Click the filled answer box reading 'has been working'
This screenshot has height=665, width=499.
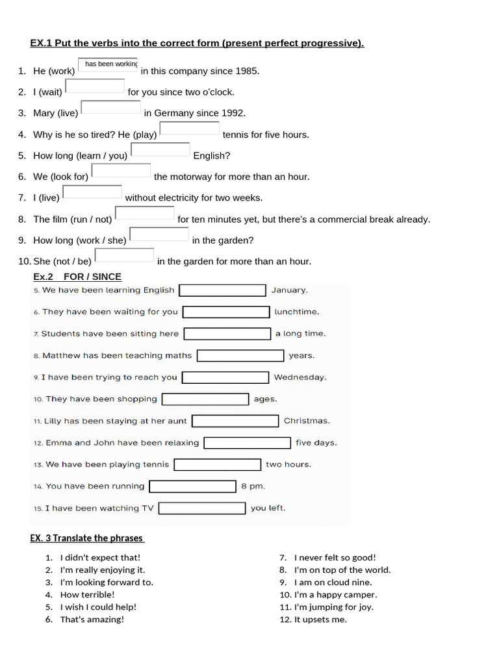click(108, 64)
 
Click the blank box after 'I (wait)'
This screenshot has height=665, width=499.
click(95, 86)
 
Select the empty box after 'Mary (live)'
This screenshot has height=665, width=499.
click(110, 107)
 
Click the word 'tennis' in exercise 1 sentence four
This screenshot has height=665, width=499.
click(235, 134)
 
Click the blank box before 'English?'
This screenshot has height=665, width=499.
click(160, 149)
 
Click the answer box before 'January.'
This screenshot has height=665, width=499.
click(222, 290)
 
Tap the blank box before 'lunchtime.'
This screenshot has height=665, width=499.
click(226, 312)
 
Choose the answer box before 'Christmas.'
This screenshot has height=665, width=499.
click(235, 421)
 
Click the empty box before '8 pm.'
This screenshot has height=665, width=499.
click(192, 486)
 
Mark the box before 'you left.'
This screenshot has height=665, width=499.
click(202, 508)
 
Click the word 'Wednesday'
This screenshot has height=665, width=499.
click(300, 377)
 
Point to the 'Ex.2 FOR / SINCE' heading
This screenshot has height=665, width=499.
click(77, 277)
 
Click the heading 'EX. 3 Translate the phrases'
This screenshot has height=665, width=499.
click(87, 538)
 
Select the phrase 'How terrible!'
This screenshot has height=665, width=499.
click(87, 594)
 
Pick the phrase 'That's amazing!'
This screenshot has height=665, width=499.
click(92, 619)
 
